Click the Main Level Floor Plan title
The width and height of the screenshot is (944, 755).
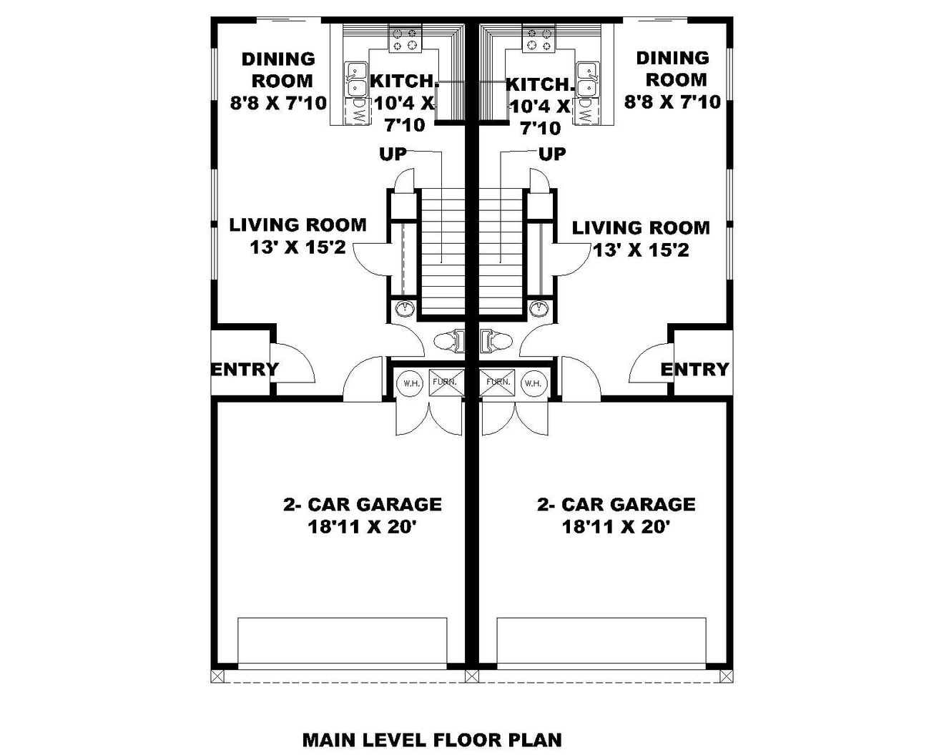[432, 739]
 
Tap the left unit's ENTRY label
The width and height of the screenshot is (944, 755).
[245, 370]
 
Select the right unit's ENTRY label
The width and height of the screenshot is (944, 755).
[694, 369]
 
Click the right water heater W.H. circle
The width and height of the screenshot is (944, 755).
[533, 383]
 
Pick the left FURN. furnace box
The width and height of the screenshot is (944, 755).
[444, 383]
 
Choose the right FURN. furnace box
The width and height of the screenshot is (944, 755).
[498, 383]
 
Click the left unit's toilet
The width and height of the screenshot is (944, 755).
[450, 341]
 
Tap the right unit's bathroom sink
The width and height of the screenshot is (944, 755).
[539, 309]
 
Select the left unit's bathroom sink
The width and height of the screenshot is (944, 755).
[405, 309]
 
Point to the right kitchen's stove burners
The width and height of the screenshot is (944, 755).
[539, 40]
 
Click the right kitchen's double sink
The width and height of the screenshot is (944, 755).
[587, 79]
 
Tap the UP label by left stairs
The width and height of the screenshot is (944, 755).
[393, 154]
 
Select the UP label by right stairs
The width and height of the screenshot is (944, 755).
[551, 154]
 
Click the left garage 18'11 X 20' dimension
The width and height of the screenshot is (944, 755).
[362, 528]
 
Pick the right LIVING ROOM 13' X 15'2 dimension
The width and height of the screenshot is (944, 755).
[641, 250]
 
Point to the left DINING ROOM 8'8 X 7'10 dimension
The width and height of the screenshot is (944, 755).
[278, 103]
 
